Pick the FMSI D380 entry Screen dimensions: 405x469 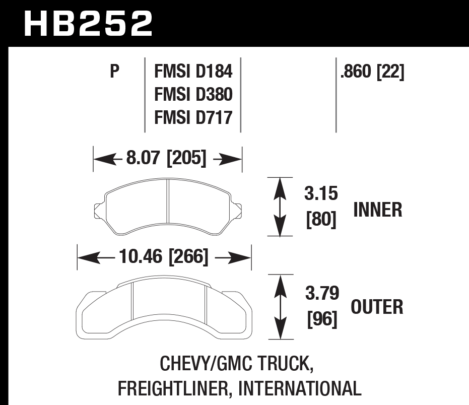[x=193, y=95]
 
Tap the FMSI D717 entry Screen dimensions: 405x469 [x=193, y=117]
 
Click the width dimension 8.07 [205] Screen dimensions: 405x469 [x=167, y=159]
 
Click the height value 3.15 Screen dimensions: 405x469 [x=321, y=193]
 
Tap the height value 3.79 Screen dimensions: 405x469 [x=321, y=293]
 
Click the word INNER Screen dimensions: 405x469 [x=377, y=210]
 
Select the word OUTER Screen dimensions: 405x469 [x=377, y=307]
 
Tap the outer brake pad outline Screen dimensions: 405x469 [x=164, y=309]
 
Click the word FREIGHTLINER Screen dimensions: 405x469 [x=174, y=388]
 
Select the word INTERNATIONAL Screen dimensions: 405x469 [x=299, y=388]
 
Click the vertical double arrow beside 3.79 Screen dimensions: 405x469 [x=280, y=307]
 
